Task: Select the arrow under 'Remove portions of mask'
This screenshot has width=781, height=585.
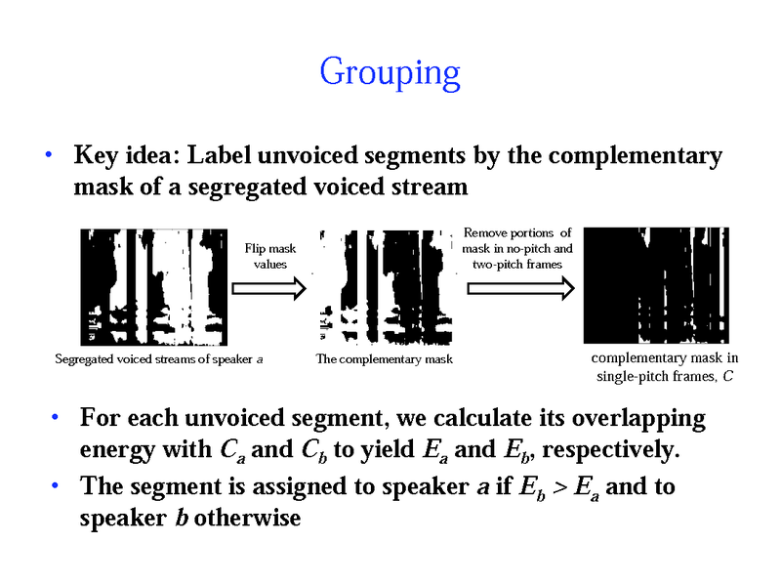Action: (517, 288)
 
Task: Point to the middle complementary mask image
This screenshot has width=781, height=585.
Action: (385, 286)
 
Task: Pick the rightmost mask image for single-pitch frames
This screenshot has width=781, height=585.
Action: (655, 284)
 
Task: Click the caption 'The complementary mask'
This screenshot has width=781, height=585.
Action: (385, 359)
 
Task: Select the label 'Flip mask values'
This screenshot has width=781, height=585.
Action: (269, 256)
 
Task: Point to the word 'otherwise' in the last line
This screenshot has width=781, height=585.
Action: (248, 518)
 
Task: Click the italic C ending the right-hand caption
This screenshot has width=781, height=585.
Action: (728, 376)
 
